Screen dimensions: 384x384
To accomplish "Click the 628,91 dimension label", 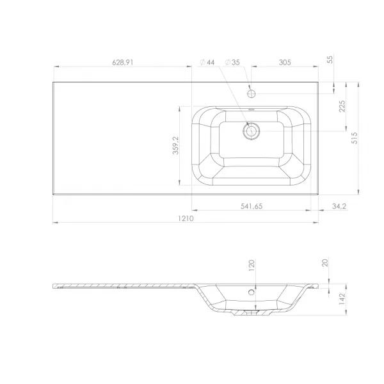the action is (x=123, y=63).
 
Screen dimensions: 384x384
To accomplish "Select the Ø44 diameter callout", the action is (x=207, y=63).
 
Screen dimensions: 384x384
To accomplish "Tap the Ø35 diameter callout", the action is (x=232, y=63).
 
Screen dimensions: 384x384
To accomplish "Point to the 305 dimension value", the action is (x=285, y=63).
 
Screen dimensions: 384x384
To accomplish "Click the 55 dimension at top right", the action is (x=330, y=60).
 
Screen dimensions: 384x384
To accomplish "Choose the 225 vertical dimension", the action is (x=342, y=106).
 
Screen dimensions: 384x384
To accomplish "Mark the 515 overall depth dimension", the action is (x=355, y=138).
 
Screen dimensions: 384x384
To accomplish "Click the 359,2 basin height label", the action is (x=175, y=145).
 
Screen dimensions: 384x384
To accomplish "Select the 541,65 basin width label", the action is (x=252, y=206).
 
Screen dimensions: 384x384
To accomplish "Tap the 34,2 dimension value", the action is (x=339, y=206).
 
